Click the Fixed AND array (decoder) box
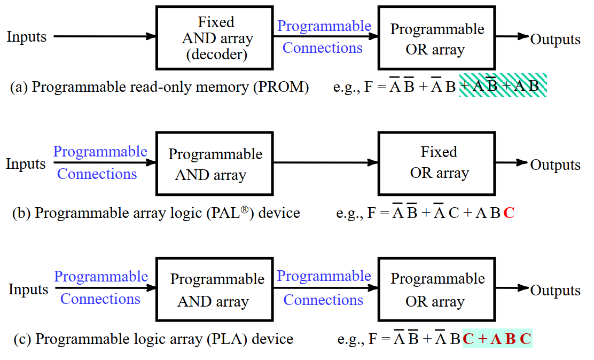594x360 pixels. (215, 37)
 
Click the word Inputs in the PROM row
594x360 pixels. (27, 37)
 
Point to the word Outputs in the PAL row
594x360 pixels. (555, 165)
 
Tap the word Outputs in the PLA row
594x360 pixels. (555, 291)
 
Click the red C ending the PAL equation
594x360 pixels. (509, 214)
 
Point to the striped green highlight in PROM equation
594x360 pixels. (503, 85)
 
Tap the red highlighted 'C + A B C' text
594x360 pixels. (497, 339)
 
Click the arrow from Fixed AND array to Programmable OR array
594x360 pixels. (326, 37)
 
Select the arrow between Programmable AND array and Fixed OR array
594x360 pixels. (326, 163)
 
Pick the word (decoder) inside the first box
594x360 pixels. (216, 54)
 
